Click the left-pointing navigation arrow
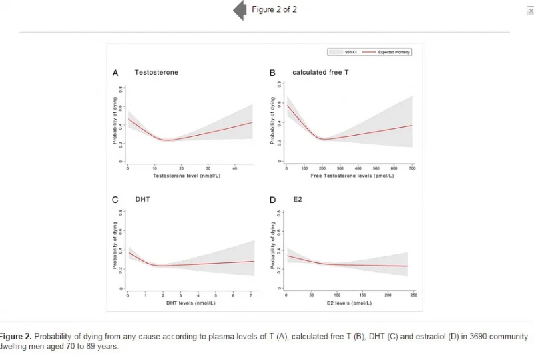[239, 11]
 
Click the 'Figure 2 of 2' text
[274, 9]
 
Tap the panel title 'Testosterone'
[156, 72]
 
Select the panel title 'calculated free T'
[320, 72]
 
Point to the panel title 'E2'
[298, 199]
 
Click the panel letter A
[115, 73]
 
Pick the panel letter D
[272, 200]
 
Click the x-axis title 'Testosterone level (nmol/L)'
[182, 176]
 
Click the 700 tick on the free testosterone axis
[412, 168]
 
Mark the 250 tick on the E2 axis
[413, 295]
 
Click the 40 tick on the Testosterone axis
[235, 168]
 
